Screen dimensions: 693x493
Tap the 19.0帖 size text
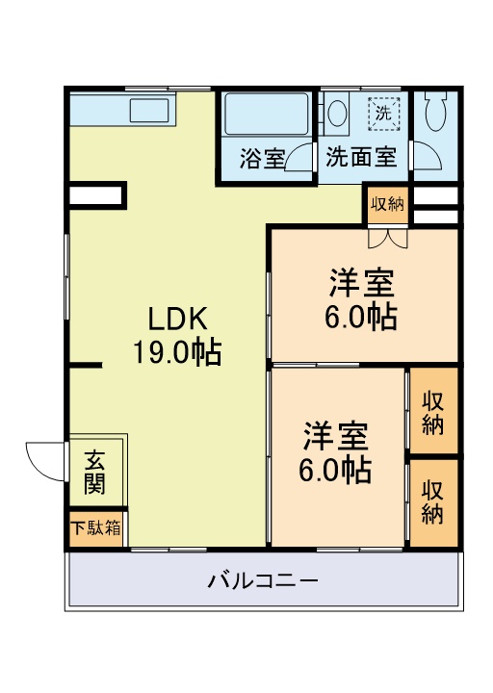click(178, 352)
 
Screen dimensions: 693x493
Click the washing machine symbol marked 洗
click(384, 112)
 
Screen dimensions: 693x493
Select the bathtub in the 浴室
click(266, 116)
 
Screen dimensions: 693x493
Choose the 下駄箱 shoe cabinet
click(95, 527)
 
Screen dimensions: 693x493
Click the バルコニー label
click(263, 581)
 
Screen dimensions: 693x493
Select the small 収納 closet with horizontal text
click(387, 203)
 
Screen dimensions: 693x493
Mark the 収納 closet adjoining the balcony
click(432, 502)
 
